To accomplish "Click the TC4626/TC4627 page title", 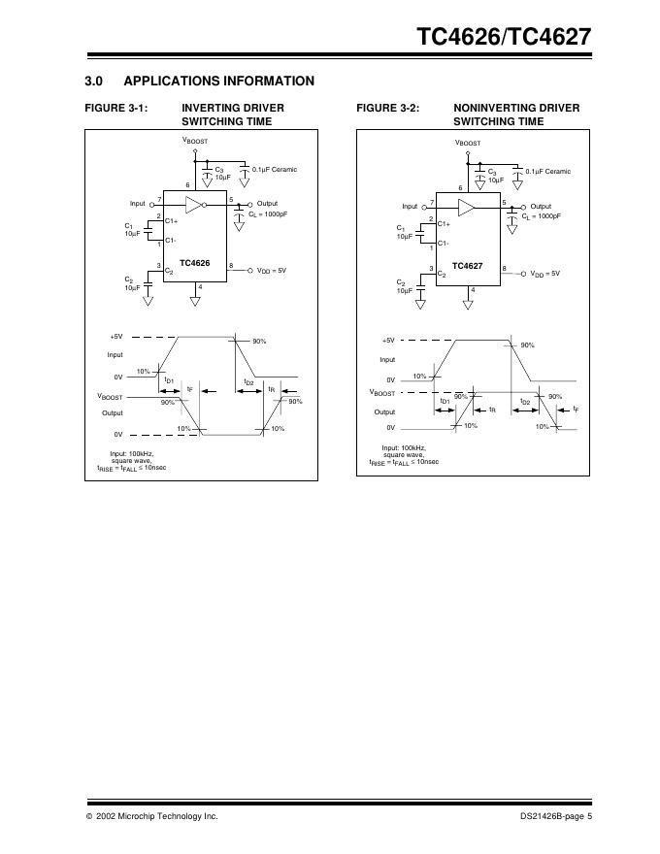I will [x=503, y=37].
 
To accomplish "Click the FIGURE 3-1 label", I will [x=117, y=108].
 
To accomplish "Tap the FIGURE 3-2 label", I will [x=388, y=108].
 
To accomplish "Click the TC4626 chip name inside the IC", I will [x=194, y=263].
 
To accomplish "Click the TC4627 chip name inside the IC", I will [x=467, y=265].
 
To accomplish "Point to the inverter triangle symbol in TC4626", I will [x=194, y=205].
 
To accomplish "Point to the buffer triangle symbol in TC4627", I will [x=466, y=208].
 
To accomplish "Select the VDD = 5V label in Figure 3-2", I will [x=544, y=274].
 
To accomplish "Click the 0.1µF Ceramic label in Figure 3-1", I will [x=275, y=170].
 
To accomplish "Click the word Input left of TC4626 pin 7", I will [x=138, y=204].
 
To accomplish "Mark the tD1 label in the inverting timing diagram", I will [x=169, y=381].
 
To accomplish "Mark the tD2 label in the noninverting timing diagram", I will [x=525, y=401].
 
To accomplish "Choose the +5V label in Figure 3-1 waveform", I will [x=115, y=337].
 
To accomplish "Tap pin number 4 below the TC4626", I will [x=199, y=286].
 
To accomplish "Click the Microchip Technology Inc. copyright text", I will [x=150, y=816].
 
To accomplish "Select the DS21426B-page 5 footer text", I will [x=555, y=816].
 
